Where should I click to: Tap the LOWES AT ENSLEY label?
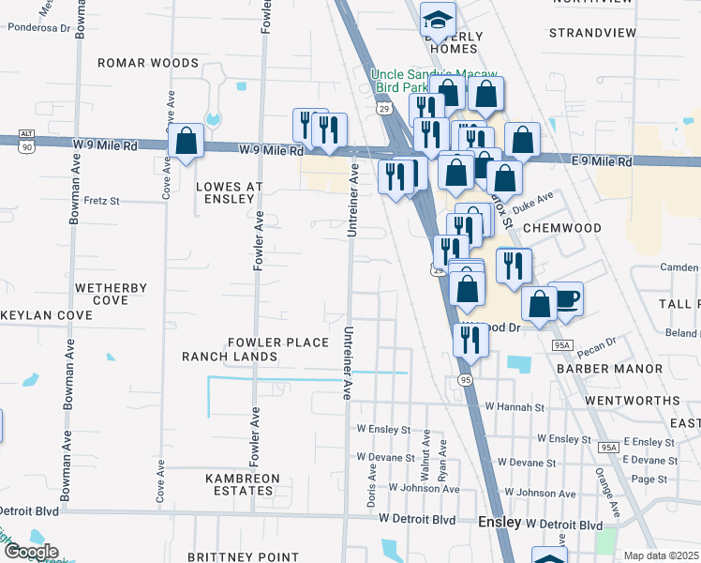tap(225, 192)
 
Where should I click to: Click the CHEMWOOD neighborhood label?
tap(560, 228)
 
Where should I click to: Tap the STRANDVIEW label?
tap(592, 33)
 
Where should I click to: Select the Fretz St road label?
tap(102, 201)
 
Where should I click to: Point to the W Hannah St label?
tap(515, 408)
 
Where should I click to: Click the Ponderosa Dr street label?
tap(39, 28)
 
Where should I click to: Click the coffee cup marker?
tap(566, 299)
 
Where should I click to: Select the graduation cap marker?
tap(438, 18)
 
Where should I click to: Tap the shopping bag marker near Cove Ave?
tap(186, 142)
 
